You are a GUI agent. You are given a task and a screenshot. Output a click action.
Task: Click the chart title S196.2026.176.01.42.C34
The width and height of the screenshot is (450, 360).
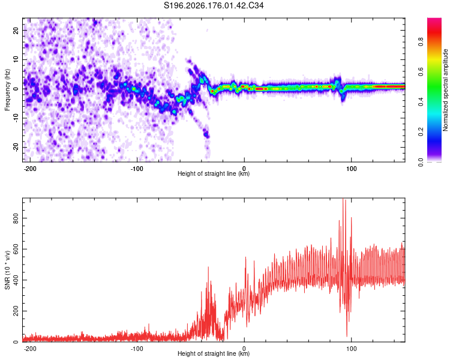point(214,5)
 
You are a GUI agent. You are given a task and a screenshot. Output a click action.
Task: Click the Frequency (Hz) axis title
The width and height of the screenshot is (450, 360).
point(7,90)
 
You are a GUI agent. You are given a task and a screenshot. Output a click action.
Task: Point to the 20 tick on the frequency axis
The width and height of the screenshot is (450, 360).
point(16,30)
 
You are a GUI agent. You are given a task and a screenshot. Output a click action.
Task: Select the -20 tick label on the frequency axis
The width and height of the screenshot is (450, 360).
point(16,148)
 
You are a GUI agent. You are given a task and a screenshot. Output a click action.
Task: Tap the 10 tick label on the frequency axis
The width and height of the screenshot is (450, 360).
point(16,59)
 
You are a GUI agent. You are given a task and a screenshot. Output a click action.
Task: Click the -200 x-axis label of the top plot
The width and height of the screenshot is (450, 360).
point(29,169)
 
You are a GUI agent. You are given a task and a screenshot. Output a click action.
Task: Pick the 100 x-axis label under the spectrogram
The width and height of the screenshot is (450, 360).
point(351,169)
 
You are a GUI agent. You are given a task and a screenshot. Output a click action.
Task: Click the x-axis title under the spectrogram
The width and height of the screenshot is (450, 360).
point(214,173)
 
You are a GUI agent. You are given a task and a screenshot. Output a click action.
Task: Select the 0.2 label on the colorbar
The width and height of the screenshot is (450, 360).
point(421,132)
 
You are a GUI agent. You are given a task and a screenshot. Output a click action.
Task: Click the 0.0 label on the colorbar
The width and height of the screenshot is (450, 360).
point(421,162)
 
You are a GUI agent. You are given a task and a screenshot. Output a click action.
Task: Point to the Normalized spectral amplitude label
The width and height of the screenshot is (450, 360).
point(445,90)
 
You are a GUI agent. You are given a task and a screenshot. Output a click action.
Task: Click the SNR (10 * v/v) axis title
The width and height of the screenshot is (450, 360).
point(7,270)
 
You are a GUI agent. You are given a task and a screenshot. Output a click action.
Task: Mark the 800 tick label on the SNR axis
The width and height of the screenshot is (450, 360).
point(16,218)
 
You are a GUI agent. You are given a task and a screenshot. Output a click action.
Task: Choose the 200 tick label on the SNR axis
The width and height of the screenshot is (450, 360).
point(16,311)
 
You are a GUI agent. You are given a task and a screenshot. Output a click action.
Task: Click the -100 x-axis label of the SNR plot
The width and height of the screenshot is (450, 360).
point(137,349)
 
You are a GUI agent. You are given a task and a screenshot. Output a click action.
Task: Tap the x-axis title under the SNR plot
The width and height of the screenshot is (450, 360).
point(214,353)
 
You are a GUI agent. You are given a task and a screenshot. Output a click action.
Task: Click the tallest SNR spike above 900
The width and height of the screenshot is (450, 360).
point(343,199)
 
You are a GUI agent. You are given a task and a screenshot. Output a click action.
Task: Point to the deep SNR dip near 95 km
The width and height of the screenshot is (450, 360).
point(347,335)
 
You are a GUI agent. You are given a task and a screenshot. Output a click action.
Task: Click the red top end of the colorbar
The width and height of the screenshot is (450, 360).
point(434,19)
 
